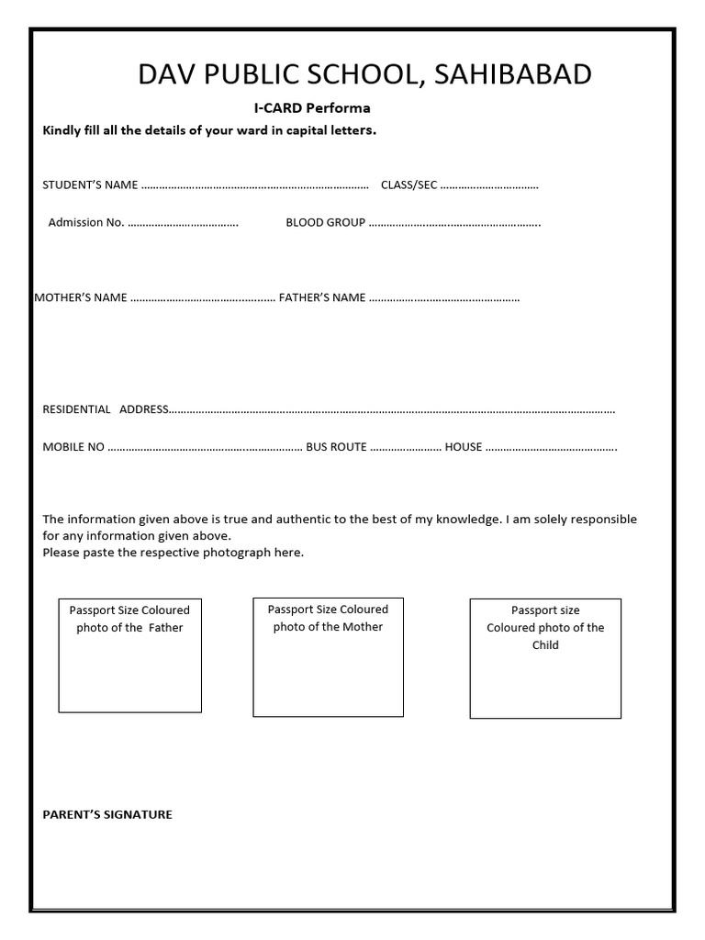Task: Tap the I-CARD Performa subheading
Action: [312, 107]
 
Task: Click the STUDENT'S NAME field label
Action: [90, 185]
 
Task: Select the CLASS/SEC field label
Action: [408, 185]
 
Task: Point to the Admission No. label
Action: [85, 222]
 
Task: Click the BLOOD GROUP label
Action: [325, 222]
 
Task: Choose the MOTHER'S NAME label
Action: [80, 297]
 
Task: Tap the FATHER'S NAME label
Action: [321, 297]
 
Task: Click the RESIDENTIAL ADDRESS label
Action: [105, 409]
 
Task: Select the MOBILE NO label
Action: [73, 447]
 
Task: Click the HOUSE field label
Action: [464, 447]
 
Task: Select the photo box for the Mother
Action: [328, 656]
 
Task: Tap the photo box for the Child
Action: [545, 658]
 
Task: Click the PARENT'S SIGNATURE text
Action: [107, 814]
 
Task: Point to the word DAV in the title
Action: [162, 74]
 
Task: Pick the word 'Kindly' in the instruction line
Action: [62, 130]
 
